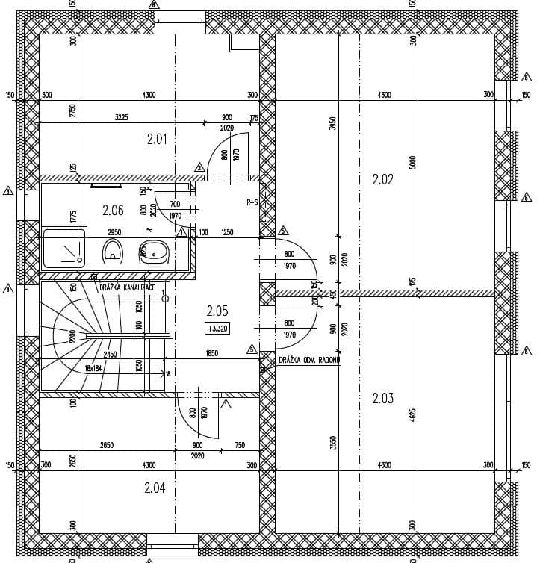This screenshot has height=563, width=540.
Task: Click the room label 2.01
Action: click(x=157, y=138)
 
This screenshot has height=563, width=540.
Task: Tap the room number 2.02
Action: click(x=382, y=179)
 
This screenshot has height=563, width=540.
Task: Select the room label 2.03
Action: click(x=382, y=399)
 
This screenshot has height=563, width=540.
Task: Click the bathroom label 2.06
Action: click(x=113, y=210)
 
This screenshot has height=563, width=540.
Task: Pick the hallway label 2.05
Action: click(x=217, y=312)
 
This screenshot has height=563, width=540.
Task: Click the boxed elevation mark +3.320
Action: click(x=217, y=328)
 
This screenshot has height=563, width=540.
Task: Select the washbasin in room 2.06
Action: click(x=155, y=252)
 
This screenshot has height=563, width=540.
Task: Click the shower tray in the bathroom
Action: click(x=64, y=249)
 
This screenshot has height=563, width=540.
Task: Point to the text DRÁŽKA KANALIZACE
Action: click(x=127, y=287)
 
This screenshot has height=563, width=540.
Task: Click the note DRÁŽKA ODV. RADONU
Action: click(x=309, y=360)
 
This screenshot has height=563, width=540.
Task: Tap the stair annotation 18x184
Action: click(x=93, y=368)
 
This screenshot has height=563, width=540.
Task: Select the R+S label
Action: click(x=252, y=202)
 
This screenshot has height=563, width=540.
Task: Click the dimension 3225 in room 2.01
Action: click(x=122, y=117)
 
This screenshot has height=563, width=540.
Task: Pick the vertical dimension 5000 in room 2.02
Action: click(x=413, y=162)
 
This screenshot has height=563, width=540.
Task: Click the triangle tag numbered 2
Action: click(x=199, y=167)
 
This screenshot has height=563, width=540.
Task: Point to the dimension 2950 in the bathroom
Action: click(x=114, y=232)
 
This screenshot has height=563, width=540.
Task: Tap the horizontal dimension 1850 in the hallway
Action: click(x=211, y=353)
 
